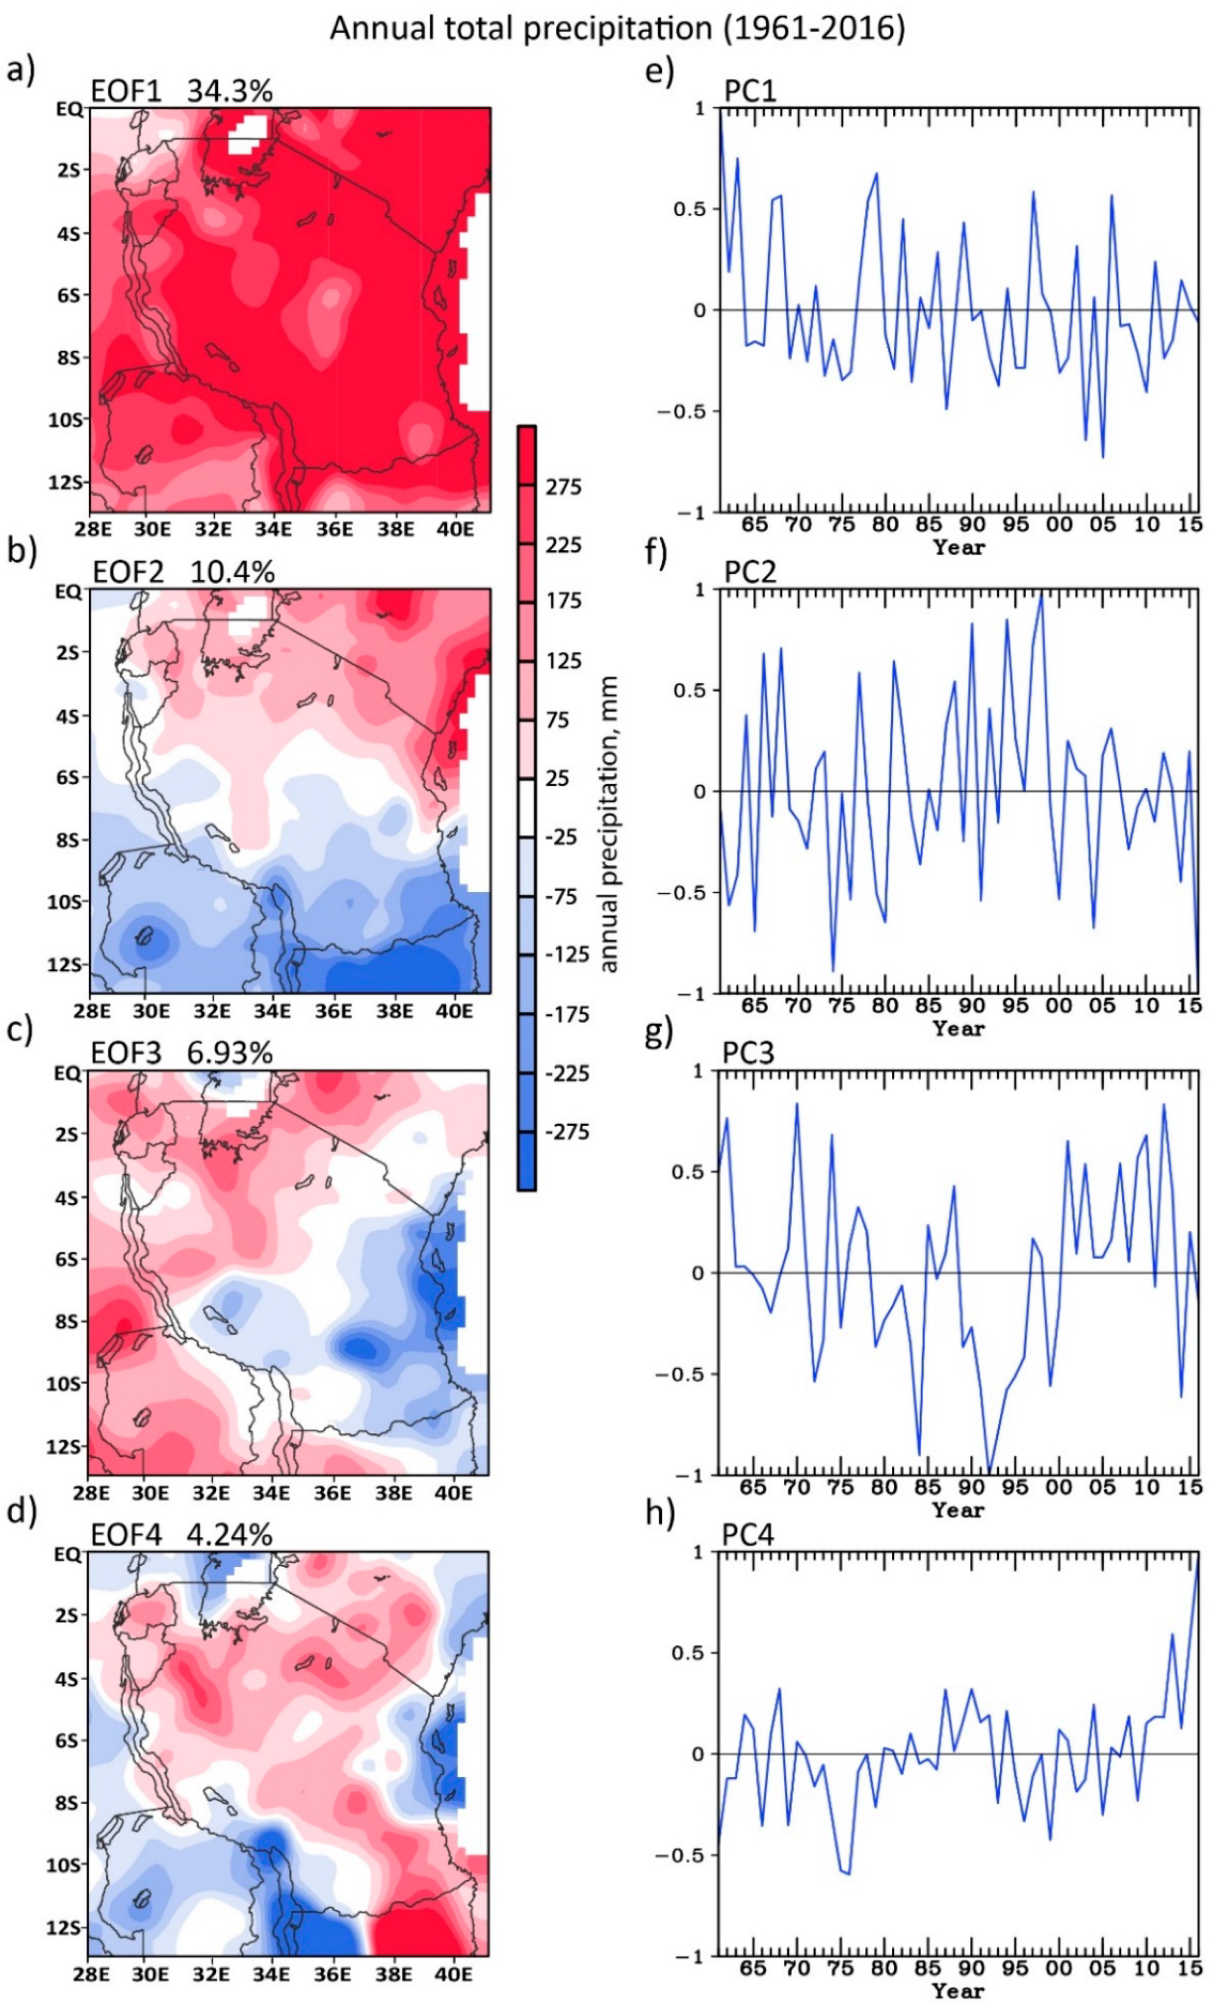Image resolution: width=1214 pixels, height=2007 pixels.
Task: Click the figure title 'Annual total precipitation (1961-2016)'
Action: click(x=616, y=29)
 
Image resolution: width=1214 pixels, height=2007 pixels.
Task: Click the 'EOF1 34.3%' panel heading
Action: click(x=181, y=91)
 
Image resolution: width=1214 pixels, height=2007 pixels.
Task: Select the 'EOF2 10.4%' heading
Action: click(x=183, y=572)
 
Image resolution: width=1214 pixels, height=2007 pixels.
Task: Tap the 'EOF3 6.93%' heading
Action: click(x=181, y=1053)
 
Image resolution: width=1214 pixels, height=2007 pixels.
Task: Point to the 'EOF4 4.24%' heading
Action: click(x=181, y=1535)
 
